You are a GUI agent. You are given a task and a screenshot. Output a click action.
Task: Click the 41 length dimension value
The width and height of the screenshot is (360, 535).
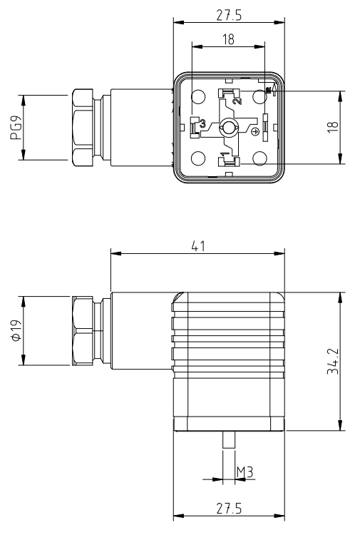click(198, 246)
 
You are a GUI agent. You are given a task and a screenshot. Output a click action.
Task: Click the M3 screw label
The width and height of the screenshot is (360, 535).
click(245, 472)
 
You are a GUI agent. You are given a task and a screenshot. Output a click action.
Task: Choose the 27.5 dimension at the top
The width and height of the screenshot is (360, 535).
click(228, 14)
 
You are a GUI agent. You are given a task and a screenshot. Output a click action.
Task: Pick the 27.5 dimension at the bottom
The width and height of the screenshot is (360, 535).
click(228, 509)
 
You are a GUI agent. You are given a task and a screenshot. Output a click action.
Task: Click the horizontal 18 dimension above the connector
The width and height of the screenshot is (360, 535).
click(227, 41)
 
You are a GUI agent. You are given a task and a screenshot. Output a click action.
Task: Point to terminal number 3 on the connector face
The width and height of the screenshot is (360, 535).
click(202, 124)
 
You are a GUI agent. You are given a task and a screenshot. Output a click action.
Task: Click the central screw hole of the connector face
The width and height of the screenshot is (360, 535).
click(228, 128)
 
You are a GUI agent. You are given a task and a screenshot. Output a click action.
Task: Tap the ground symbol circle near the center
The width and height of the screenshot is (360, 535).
click(257, 132)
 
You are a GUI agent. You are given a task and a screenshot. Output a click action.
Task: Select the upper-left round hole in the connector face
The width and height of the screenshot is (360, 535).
click(199, 96)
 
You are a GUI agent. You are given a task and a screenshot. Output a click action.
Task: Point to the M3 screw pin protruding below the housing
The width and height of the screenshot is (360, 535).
click(228, 440)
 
